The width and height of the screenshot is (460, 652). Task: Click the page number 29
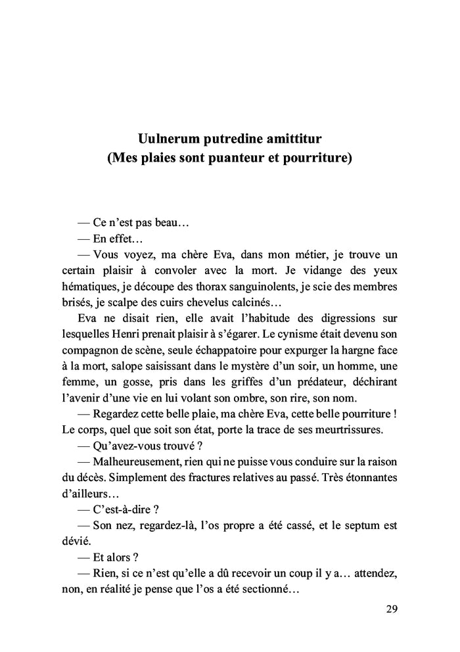click(x=391, y=609)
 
